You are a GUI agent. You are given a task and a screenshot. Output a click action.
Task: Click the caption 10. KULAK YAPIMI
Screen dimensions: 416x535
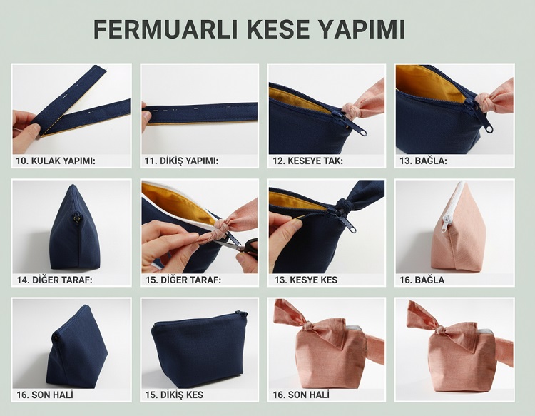[56, 161]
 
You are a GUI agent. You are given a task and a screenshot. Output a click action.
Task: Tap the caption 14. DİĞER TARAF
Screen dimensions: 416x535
[57, 280]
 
